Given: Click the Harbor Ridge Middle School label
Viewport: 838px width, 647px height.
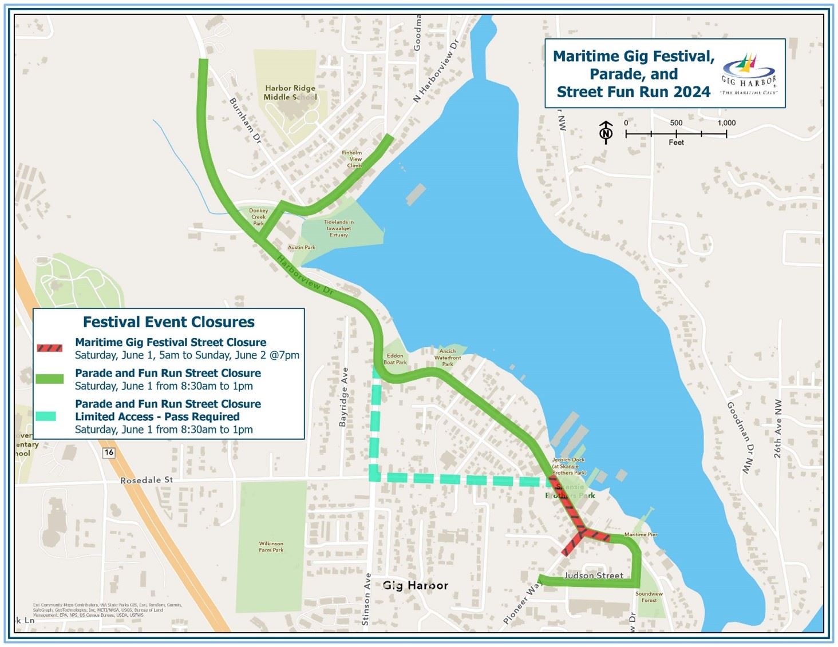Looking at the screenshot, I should [290, 93].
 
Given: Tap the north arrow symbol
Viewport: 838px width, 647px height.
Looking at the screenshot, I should [606, 132].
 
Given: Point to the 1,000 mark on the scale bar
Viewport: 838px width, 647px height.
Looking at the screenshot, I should [726, 123].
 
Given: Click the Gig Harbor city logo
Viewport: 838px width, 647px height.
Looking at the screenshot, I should [749, 74].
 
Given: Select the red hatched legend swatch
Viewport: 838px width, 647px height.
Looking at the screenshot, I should [50, 348].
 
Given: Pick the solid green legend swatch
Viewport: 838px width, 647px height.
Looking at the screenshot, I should [50, 379].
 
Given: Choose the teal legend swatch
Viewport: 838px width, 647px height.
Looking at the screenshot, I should [46, 416].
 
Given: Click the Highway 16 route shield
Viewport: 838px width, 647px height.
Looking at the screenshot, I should [109, 452].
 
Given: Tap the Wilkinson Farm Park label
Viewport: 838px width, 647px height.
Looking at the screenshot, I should [271, 547].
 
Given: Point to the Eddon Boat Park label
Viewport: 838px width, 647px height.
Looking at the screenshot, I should [395, 359].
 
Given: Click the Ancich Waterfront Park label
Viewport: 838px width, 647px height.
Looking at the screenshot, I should [447, 358].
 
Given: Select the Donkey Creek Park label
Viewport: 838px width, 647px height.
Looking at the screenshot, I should [259, 217].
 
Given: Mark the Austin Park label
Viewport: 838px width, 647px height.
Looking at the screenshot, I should [302, 248].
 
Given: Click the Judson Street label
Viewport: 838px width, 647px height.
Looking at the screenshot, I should [594, 575].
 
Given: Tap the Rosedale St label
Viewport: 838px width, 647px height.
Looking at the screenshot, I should [147, 480].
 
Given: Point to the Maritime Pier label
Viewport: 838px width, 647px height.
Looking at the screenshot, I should [641, 534].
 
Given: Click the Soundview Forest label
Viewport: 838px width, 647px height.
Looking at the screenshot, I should [649, 597].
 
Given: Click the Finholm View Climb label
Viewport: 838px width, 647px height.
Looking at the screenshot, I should [353, 159].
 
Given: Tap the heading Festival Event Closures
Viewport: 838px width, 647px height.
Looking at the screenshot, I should [169, 322].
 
